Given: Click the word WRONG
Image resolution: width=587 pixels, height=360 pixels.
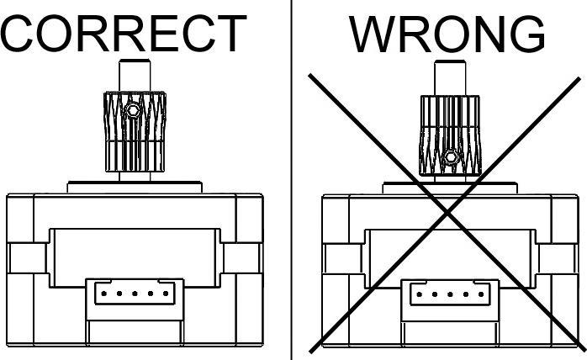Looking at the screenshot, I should (x=447, y=34).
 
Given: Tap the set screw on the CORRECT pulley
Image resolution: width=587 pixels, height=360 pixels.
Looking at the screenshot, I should (x=131, y=109).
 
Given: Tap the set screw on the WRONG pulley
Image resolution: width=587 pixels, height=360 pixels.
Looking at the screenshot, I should (x=451, y=156).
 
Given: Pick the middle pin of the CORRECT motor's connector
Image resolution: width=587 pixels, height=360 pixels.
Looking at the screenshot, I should (x=135, y=294).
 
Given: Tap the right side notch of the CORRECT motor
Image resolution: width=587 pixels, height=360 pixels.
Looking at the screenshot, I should (x=242, y=258).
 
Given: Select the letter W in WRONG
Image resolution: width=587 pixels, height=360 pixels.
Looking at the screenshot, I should (x=373, y=34).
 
